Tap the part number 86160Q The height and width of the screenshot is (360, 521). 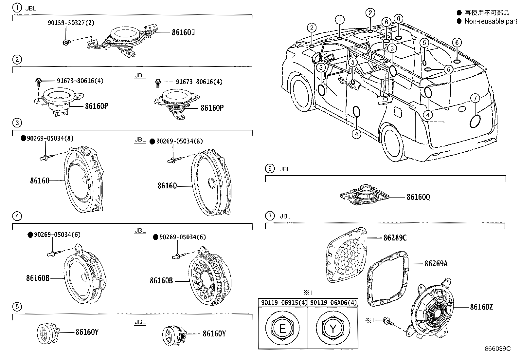pyautogui.click(x=418, y=197)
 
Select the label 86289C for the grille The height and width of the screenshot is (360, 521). pyautogui.click(x=395, y=238)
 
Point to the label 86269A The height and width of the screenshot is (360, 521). pyautogui.click(x=436, y=263)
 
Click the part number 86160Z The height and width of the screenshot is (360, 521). pyautogui.click(x=481, y=307)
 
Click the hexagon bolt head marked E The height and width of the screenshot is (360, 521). pyautogui.click(x=282, y=328)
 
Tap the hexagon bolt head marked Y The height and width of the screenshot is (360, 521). pyautogui.click(x=333, y=328)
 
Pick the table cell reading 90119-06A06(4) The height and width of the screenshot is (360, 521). pyautogui.click(x=333, y=303)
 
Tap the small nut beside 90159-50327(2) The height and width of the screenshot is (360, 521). pyautogui.click(x=66, y=42)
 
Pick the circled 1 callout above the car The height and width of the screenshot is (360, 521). pyautogui.click(x=340, y=20)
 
